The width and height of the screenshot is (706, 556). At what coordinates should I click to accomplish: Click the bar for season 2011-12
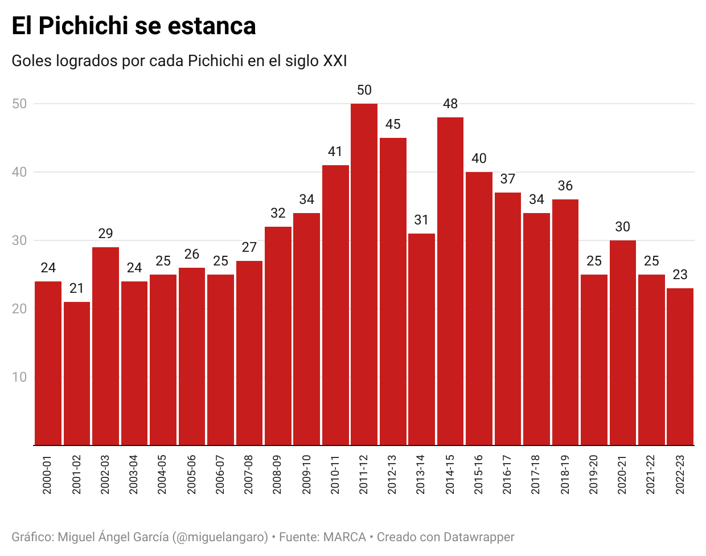(x=364, y=273)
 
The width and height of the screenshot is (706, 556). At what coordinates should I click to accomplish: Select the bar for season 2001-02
(x=77, y=373)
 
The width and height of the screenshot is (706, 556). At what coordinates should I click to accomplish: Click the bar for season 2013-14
(x=421, y=339)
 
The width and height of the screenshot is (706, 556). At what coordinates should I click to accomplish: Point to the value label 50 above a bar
(x=364, y=90)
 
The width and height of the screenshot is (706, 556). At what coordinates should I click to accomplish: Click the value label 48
(x=450, y=104)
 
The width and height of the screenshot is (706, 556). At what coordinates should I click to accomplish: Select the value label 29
(x=105, y=234)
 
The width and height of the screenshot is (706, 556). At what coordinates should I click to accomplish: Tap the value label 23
(x=680, y=275)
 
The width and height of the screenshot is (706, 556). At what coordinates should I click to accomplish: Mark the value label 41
(x=335, y=152)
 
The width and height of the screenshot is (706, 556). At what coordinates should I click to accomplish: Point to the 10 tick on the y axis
(x=19, y=377)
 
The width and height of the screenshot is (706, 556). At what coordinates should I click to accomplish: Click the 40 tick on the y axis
(x=19, y=172)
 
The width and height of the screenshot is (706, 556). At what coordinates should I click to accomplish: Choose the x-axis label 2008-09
(x=277, y=475)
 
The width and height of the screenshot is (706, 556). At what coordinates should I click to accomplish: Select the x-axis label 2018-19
(x=565, y=475)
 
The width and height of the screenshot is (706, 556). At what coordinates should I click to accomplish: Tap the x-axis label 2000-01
(x=47, y=475)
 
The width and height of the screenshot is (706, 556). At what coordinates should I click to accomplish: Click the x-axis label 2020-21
(x=622, y=475)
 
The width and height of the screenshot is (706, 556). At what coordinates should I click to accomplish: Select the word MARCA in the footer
(x=344, y=537)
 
